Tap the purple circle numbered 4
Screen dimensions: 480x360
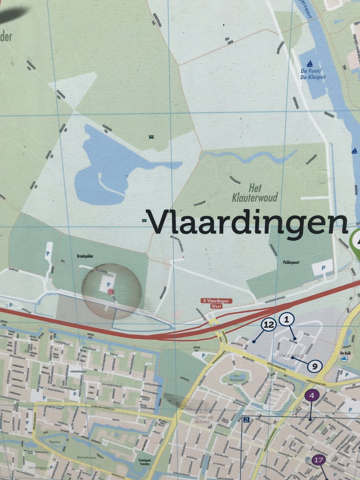312,396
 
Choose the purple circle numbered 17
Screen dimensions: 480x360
319,460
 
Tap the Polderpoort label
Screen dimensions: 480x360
291,263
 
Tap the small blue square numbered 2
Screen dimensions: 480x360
247,420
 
